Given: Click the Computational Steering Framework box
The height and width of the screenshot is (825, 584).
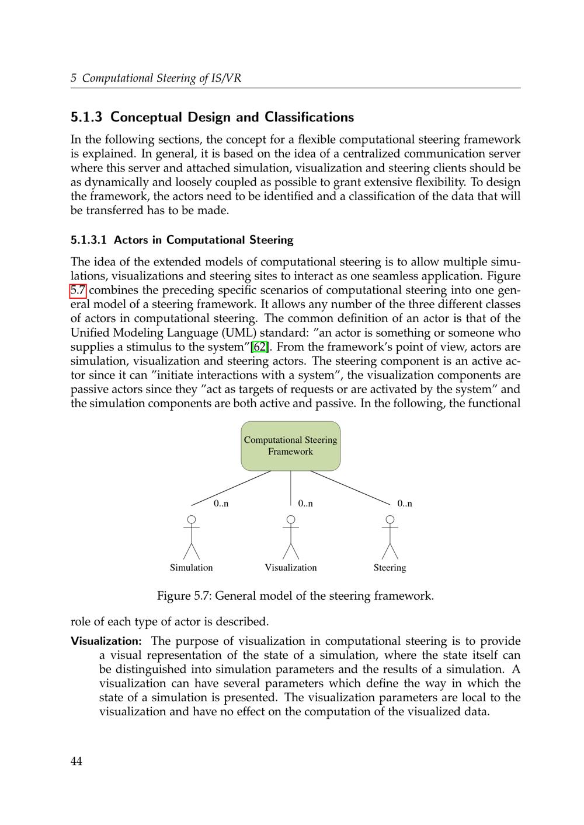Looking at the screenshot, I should pyautogui.click(x=290, y=446).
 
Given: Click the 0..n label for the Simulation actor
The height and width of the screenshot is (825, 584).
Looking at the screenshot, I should pyautogui.click(x=221, y=504).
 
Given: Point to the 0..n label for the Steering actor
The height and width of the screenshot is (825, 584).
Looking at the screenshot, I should pyautogui.click(x=405, y=504).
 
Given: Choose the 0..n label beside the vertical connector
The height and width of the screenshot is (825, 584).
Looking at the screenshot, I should pyautogui.click(x=305, y=504).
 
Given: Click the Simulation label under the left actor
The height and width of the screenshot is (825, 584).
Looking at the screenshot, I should pyautogui.click(x=191, y=568).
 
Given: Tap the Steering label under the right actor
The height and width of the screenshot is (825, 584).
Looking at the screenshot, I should pyautogui.click(x=390, y=568).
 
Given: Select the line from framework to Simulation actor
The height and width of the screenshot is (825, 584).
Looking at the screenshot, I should pyautogui.click(x=231, y=488).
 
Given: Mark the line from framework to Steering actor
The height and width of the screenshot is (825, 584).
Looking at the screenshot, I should pyautogui.click(x=350, y=488).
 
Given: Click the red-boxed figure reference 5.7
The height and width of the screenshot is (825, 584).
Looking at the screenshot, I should pyautogui.click(x=78, y=290).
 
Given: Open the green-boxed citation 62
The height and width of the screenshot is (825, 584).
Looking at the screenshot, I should pyautogui.click(x=260, y=347).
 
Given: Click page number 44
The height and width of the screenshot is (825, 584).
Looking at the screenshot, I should pyautogui.click(x=77, y=761).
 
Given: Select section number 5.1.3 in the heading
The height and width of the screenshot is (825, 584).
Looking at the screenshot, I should pyautogui.click(x=86, y=117).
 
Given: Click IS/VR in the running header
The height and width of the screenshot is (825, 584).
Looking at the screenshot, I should pyautogui.click(x=228, y=78).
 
